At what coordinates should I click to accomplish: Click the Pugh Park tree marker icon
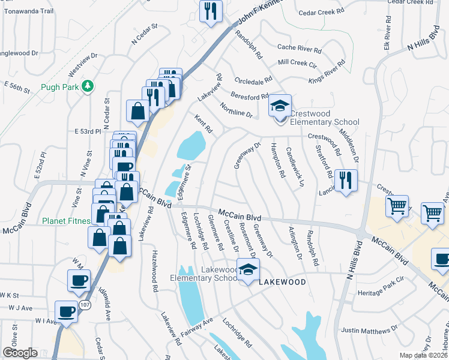[x=88, y=86]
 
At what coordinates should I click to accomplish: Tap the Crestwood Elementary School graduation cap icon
[x=279, y=106]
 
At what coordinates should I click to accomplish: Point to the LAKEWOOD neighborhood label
[x=282, y=281]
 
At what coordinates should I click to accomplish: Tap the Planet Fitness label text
[x=65, y=221]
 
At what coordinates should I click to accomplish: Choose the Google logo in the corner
[x=19, y=353]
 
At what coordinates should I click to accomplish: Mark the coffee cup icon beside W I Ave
[x=66, y=311]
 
